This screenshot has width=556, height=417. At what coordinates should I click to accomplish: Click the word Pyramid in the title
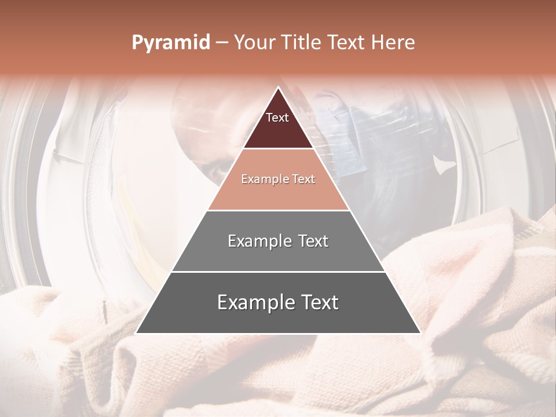pyautogui.click(x=170, y=43)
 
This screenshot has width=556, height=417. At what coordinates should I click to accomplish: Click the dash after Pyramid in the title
pyautogui.click(x=222, y=43)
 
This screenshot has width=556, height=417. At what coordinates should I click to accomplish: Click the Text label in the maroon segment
pyautogui.click(x=277, y=118)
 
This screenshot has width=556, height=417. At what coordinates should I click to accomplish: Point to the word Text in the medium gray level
pyautogui.click(x=313, y=241)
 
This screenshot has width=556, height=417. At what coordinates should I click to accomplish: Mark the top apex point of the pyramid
pyautogui.click(x=278, y=87)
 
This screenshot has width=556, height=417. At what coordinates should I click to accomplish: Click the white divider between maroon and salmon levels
pyautogui.click(x=278, y=149)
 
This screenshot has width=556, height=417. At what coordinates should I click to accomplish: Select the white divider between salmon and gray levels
pyautogui.click(x=278, y=210)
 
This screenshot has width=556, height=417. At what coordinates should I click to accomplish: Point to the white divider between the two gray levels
pyautogui.click(x=278, y=272)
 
